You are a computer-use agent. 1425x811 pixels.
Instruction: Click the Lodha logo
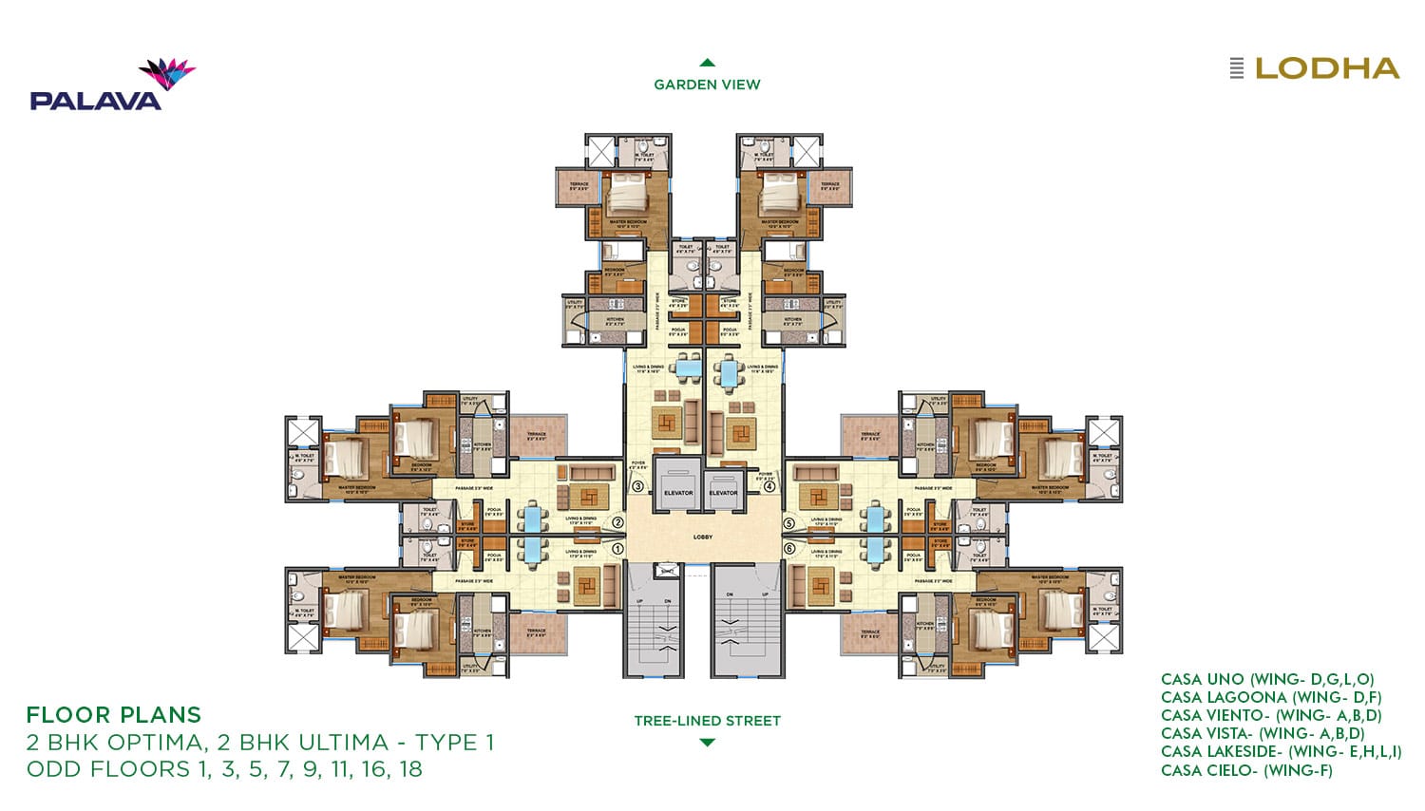click(1315, 68)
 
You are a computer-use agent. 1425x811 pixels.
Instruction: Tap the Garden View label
click(707, 85)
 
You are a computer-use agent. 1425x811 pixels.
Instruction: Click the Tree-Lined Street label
click(707, 721)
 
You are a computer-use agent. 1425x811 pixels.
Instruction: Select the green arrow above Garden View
click(707, 63)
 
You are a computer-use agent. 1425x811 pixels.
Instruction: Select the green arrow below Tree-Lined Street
click(707, 743)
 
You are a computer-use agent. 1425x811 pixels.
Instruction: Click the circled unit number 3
click(638, 487)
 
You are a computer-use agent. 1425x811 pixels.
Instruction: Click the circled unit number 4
click(769, 487)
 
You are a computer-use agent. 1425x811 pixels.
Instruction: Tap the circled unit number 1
click(617, 548)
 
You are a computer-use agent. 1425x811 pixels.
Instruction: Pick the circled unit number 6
click(788, 548)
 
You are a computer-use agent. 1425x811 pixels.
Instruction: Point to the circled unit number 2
click(617, 522)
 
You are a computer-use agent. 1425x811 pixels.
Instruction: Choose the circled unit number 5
click(788, 522)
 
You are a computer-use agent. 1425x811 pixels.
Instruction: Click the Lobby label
click(703, 538)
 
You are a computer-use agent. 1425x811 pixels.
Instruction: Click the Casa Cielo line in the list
click(1246, 770)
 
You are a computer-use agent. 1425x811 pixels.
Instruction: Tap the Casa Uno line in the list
click(1267, 679)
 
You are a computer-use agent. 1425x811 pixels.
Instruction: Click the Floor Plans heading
click(114, 715)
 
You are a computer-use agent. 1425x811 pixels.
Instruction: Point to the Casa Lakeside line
click(1281, 752)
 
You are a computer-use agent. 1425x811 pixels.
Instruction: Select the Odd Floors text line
click(224, 769)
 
